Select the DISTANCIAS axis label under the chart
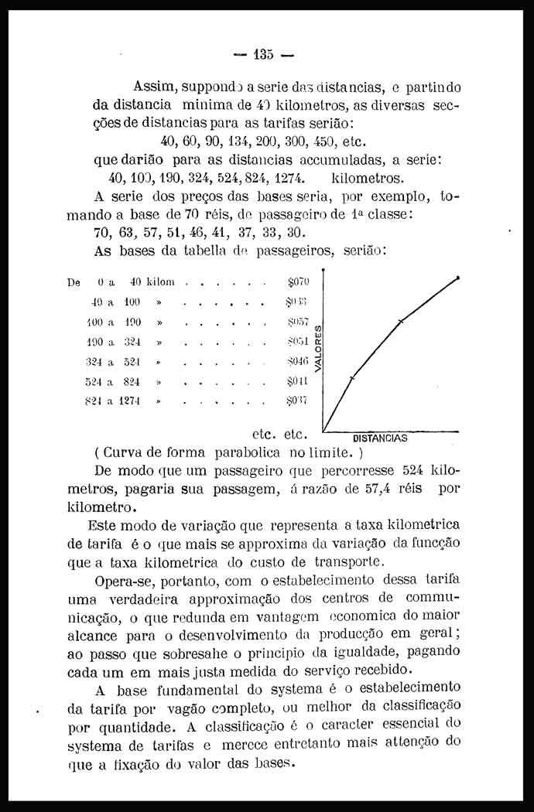(380, 438)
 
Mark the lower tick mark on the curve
(352, 377)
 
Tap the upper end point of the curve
(460, 277)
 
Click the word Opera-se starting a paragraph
(123, 579)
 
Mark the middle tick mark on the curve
(401, 320)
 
